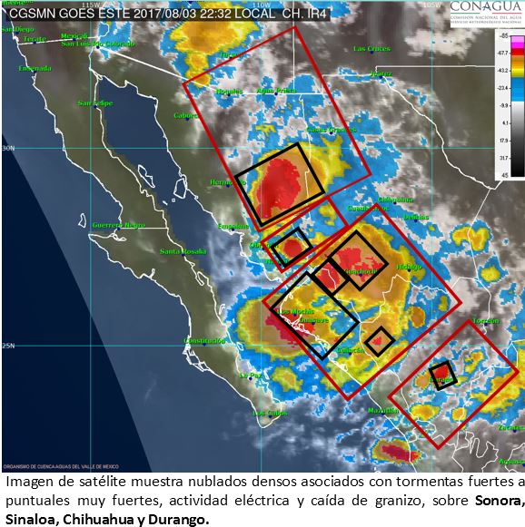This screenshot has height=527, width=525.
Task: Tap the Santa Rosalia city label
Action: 182,251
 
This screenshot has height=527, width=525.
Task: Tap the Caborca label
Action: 187,115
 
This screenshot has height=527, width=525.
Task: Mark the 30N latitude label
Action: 9,148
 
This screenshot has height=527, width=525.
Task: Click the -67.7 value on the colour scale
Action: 502,54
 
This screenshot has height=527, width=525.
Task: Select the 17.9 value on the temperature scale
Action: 502,142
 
